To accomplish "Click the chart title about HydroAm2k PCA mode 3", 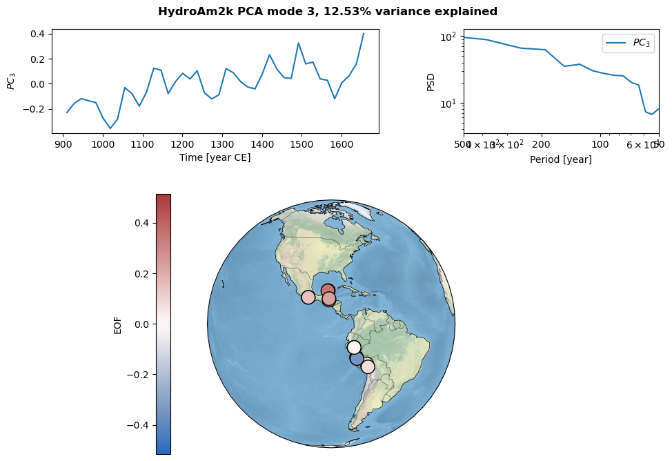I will pos(327,12).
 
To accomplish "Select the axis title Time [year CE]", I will pos(215,158).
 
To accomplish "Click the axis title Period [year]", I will pos(560,159).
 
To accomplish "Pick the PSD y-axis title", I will pos(431,81).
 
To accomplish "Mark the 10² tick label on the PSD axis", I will pos(449,37).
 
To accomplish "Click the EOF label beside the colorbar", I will pos(117,324).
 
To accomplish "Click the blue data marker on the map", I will pos(357,358).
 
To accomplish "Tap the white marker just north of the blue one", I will pos(354,347).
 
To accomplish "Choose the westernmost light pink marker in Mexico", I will pos(308,297).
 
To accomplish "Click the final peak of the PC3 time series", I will pos(364,33).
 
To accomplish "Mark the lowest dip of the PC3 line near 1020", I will pos(110,128).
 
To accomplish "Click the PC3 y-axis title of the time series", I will pos(11,81).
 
